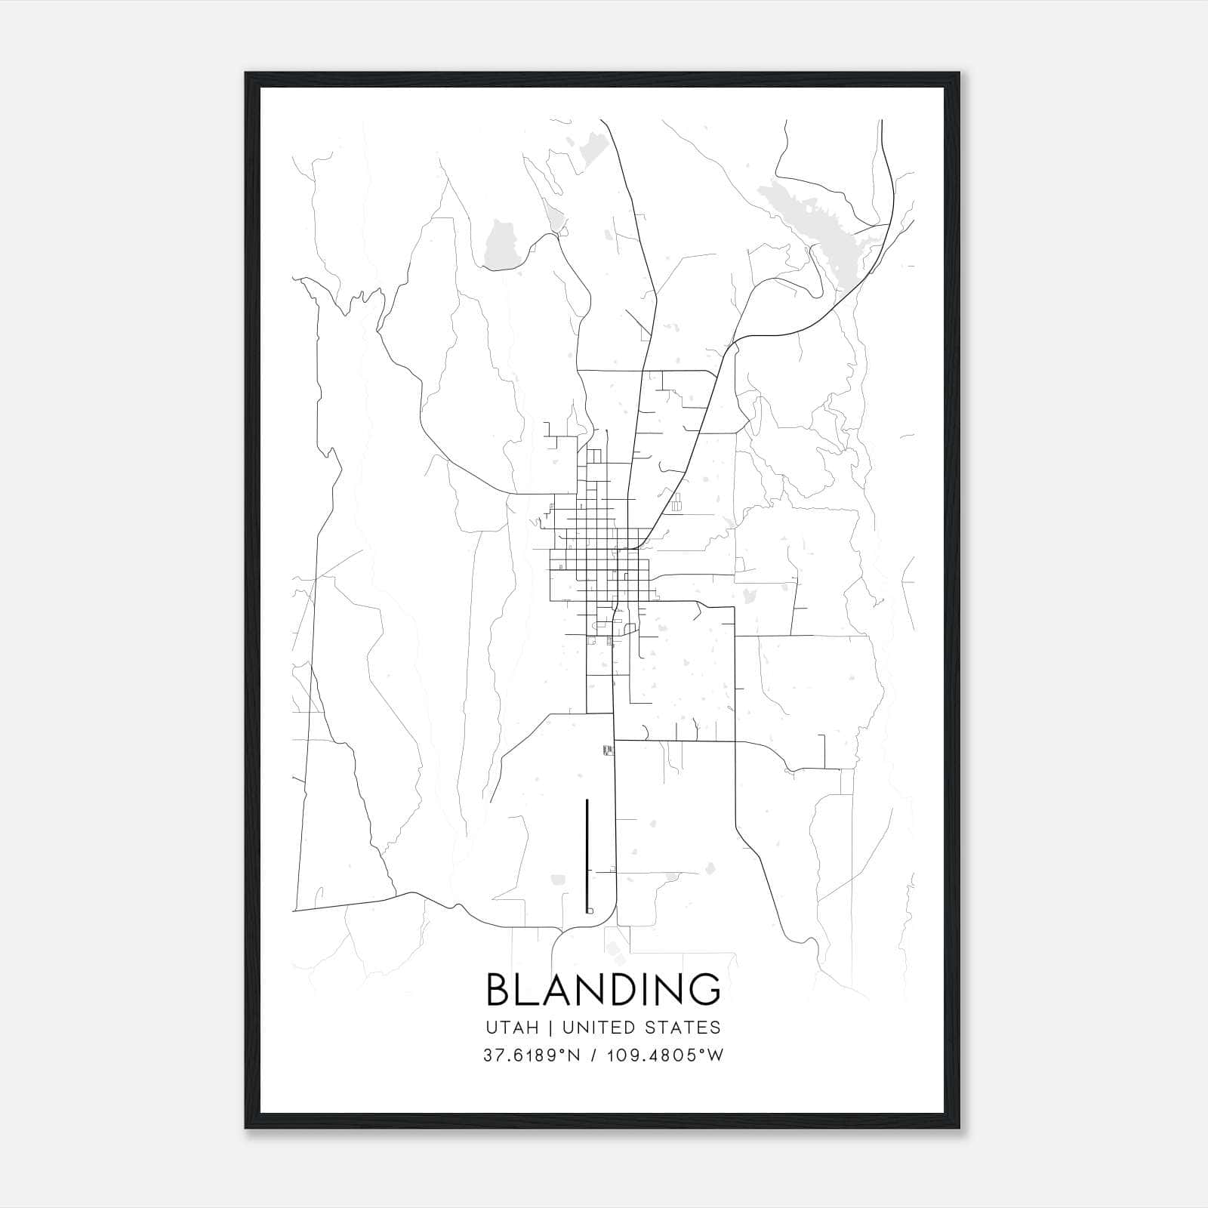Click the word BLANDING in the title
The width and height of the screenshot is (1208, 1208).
603,989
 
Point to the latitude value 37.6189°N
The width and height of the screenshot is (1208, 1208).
532,1055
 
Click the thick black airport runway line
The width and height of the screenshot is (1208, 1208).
587,853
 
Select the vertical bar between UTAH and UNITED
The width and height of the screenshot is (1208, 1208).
549,1028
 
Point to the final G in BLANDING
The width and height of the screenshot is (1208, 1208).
705,989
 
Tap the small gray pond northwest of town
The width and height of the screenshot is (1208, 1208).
500,244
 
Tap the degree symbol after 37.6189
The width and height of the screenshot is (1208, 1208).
559,1051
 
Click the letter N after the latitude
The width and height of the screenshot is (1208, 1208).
573,1055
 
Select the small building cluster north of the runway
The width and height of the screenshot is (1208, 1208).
607,749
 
